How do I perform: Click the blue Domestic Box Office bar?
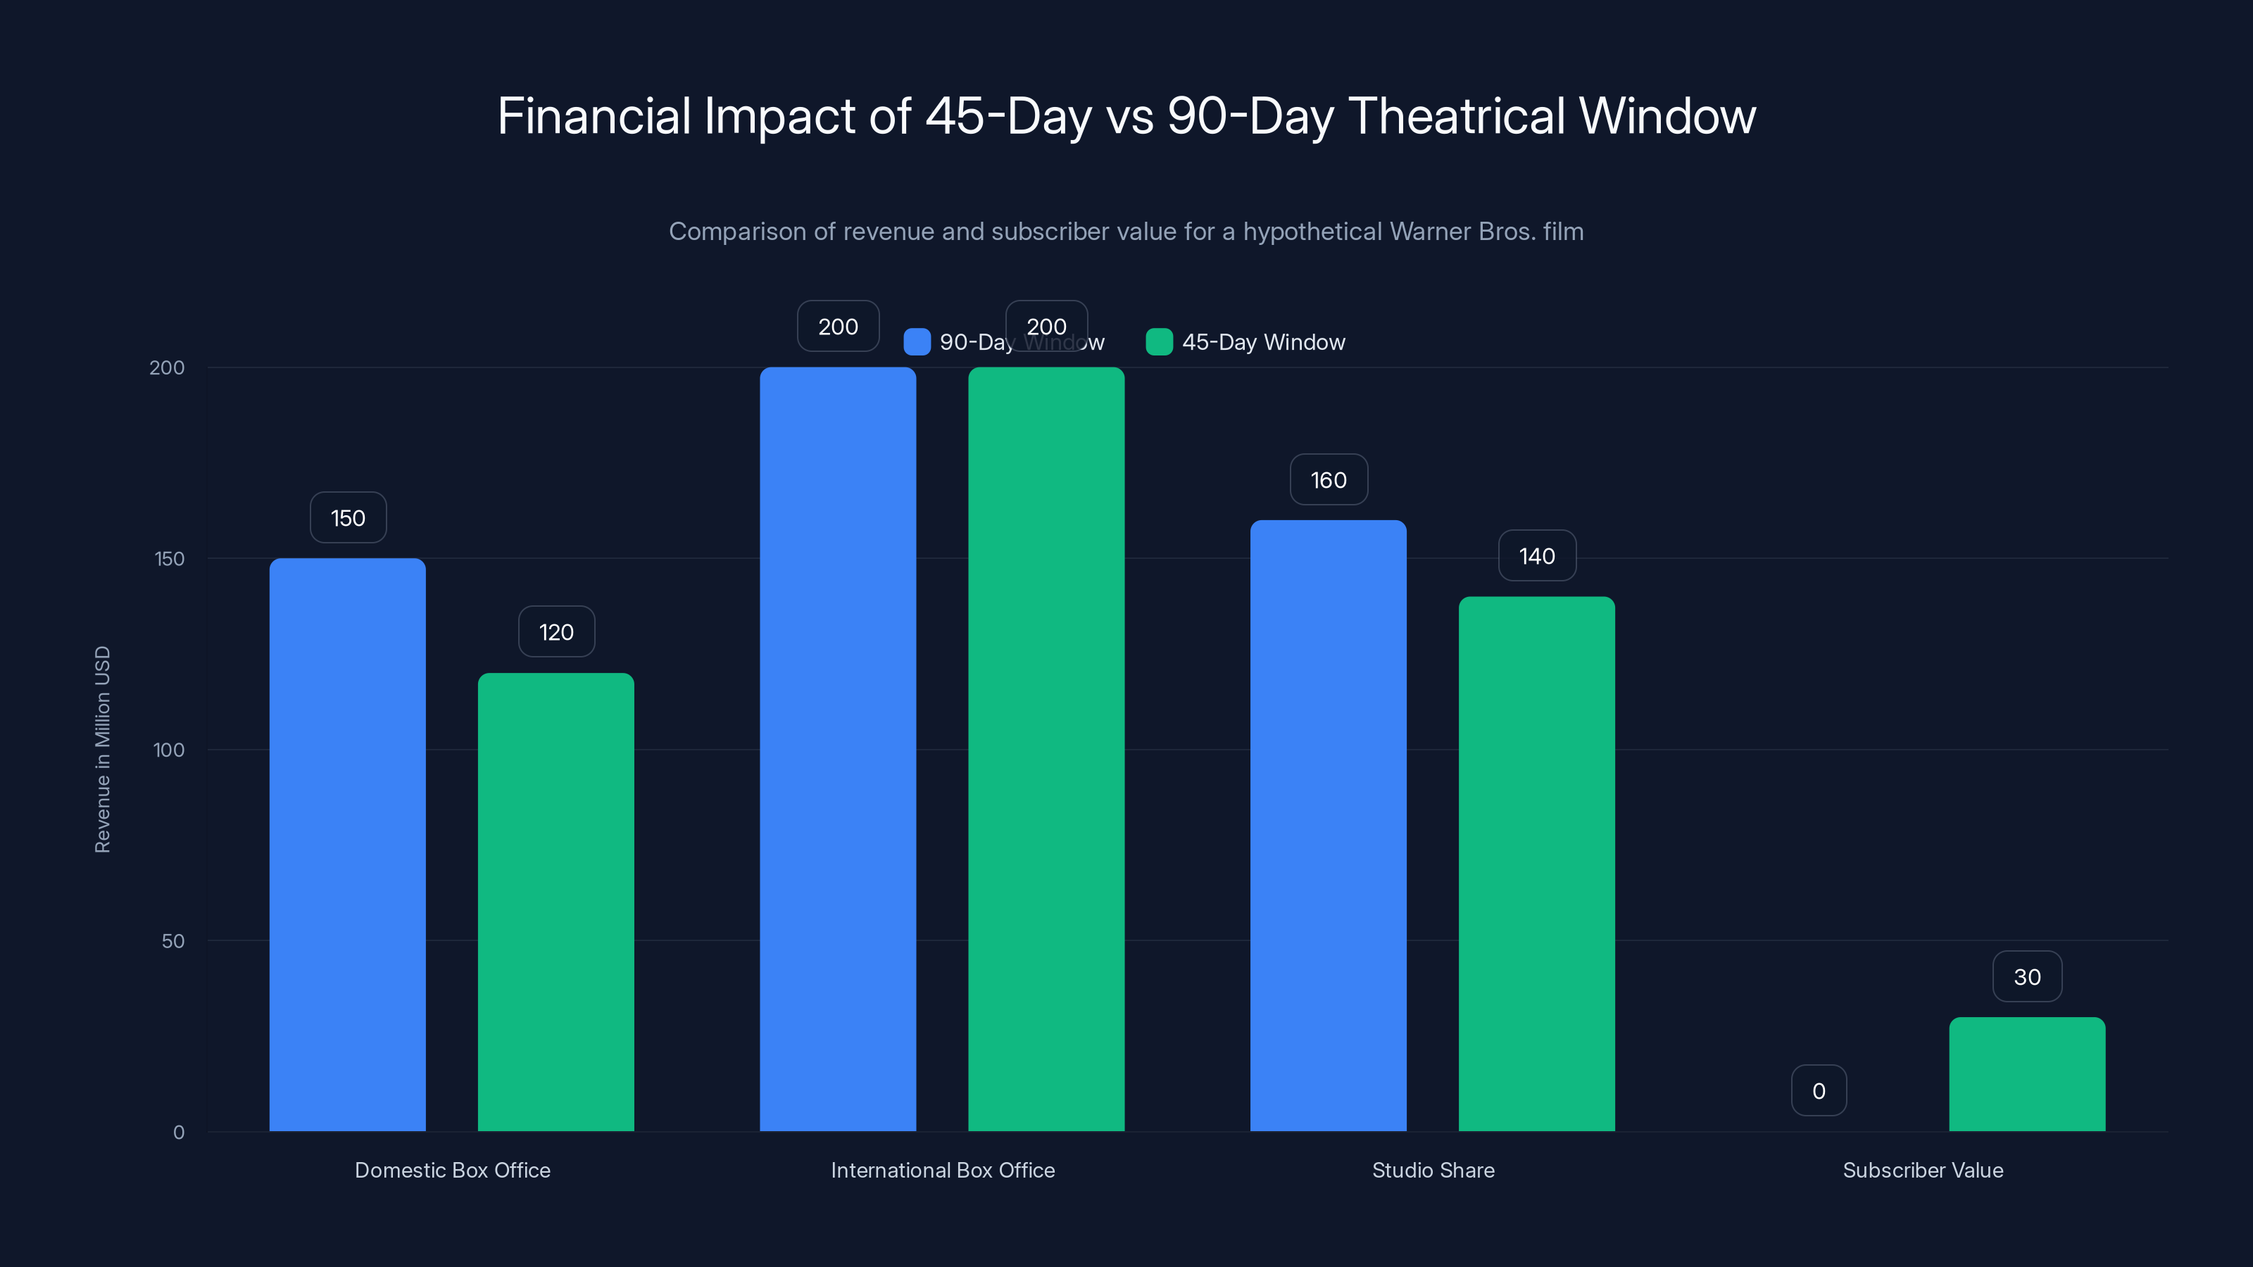coord(347,845)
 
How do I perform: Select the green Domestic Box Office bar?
coord(556,902)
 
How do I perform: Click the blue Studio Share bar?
coord(1328,826)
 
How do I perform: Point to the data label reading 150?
coord(348,517)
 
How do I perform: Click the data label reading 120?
coord(556,632)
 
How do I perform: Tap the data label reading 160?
coord(1329,480)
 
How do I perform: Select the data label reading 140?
coord(1537,556)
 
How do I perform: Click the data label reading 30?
coord(2028,977)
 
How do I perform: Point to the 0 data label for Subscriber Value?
coord(1819,1090)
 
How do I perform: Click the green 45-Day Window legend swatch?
coord(1159,342)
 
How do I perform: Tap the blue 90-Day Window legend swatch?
coord(917,342)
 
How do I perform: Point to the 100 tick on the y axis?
coord(169,750)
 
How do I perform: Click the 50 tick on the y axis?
coord(173,941)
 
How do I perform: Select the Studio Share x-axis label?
coord(1433,1170)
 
